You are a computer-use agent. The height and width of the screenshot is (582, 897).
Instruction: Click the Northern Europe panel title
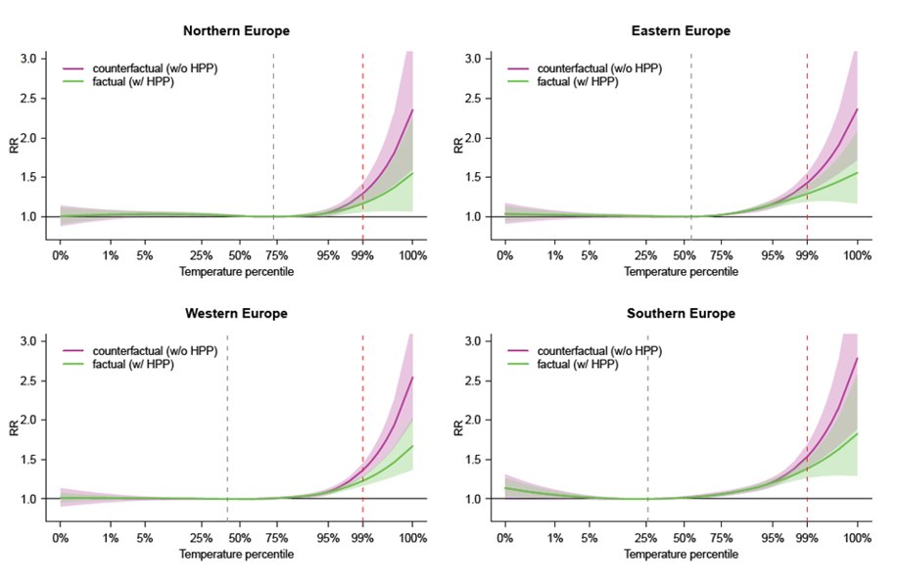point(236,31)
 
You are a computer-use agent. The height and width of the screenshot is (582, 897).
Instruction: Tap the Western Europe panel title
point(236,314)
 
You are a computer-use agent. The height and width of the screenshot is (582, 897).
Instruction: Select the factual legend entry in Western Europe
point(132,364)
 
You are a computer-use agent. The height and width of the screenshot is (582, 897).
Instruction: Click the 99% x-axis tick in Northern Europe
point(362,256)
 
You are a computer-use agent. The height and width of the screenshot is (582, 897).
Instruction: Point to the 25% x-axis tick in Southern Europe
point(646,539)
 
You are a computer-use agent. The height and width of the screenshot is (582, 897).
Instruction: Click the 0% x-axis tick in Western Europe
point(61,539)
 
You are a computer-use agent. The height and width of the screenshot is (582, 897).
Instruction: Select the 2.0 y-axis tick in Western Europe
point(31,421)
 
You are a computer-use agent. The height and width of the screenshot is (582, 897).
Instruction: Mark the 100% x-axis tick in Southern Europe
point(857,539)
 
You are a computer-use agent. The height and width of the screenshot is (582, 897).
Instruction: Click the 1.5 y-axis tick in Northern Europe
point(31,177)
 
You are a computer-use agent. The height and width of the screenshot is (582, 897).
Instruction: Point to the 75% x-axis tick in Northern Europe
point(276,256)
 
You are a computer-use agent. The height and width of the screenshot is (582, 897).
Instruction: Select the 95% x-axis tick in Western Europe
point(328,539)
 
